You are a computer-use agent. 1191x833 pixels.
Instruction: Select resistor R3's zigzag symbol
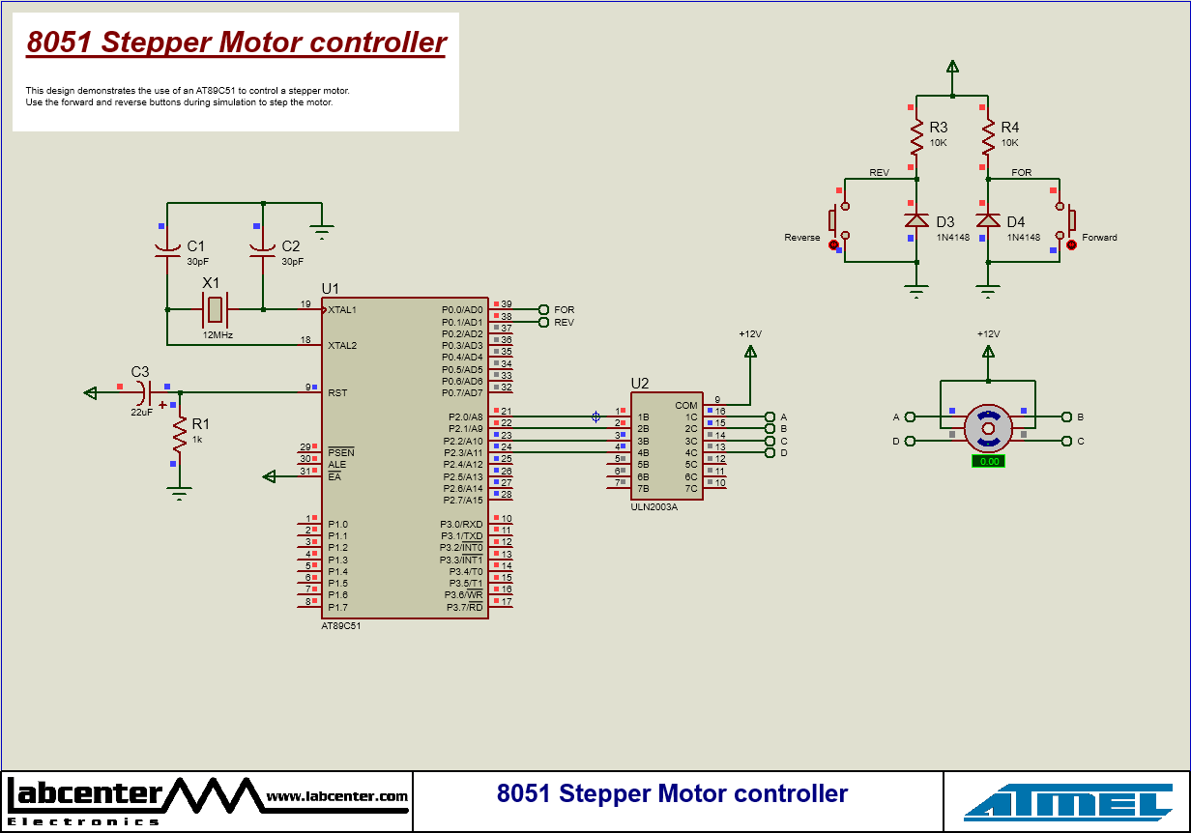[916, 137]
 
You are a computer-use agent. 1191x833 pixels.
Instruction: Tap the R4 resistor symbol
[988, 137]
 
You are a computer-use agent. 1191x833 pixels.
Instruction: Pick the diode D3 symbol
[916, 220]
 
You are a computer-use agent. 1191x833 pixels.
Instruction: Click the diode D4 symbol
[988, 220]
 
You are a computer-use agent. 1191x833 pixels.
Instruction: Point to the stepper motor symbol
[988, 428]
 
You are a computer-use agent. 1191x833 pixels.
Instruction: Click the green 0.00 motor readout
[989, 462]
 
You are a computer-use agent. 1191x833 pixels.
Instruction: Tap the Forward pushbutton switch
[1065, 221]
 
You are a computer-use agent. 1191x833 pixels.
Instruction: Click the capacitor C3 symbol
[143, 392]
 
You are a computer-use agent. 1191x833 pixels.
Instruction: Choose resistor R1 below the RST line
[179, 436]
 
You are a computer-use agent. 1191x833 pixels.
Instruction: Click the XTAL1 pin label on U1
[342, 310]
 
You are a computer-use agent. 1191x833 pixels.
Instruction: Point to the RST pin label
[337, 393]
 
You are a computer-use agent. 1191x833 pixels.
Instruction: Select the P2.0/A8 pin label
[462, 416]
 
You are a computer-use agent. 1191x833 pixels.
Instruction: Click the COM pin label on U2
[686, 406]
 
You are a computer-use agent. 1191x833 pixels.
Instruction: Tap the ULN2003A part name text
[654, 506]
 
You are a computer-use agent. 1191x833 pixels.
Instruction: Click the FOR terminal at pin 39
[544, 310]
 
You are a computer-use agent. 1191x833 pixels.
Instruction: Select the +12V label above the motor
[988, 334]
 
